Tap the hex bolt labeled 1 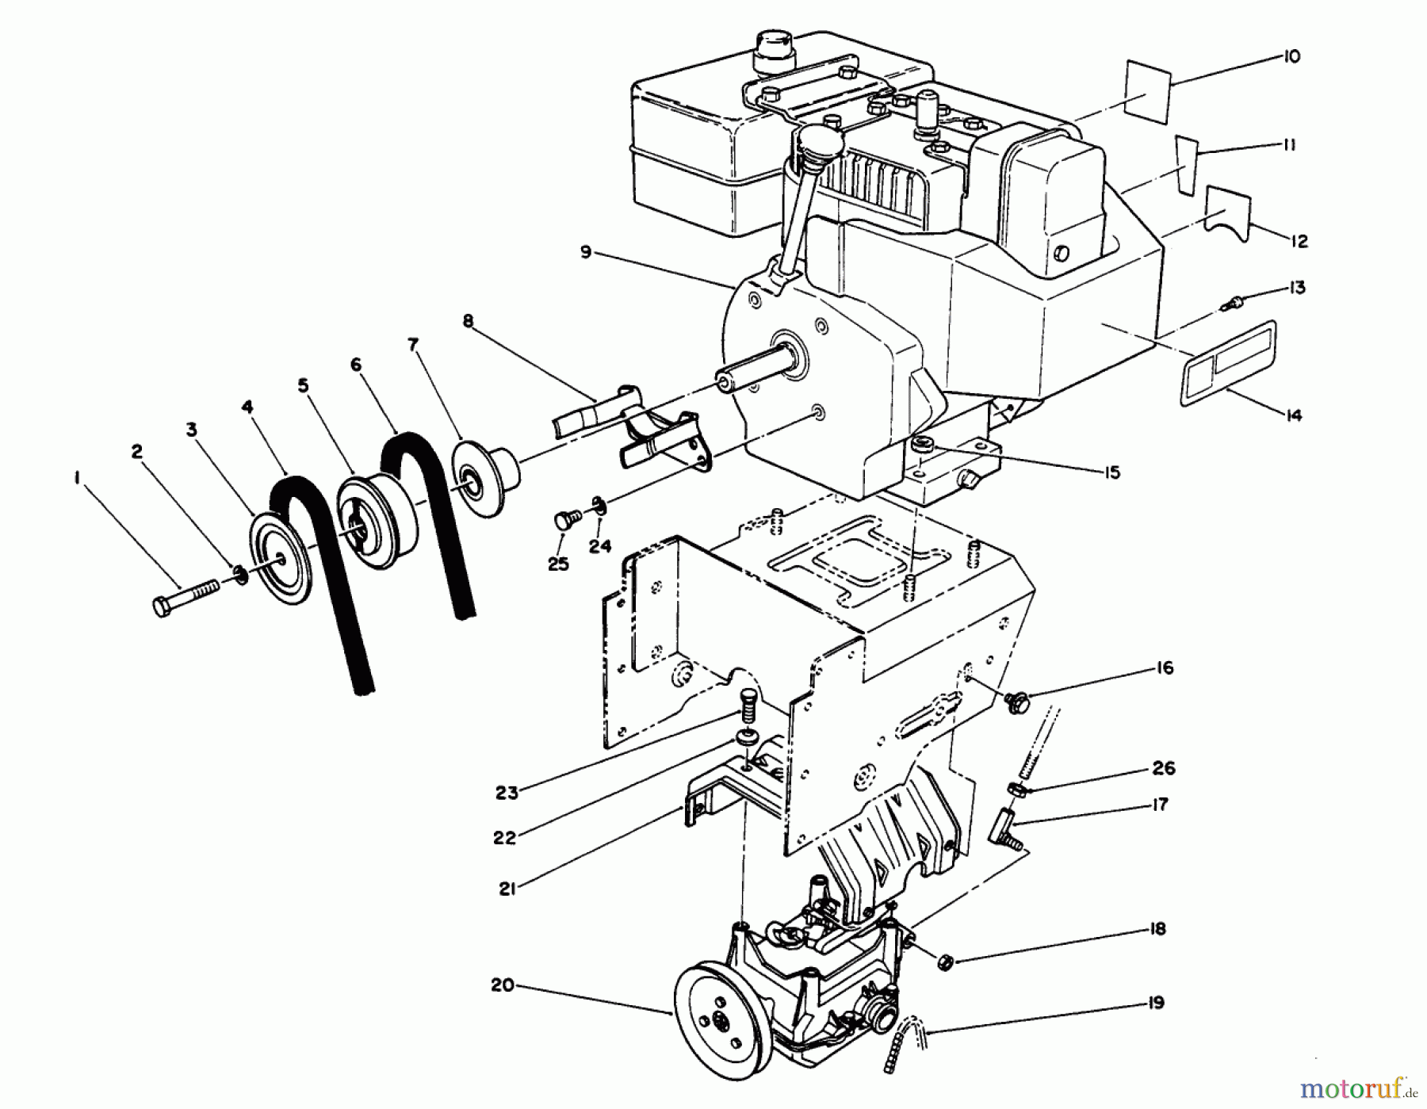[183, 597]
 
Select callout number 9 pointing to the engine [585, 252]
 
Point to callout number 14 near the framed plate [1293, 415]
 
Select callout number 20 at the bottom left [503, 985]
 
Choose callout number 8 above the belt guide [468, 321]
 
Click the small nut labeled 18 [944, 962]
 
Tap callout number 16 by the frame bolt [1164, 668]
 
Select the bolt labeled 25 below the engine [564, 520]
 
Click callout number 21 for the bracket [507, 889]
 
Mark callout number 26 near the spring [1163, 768]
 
